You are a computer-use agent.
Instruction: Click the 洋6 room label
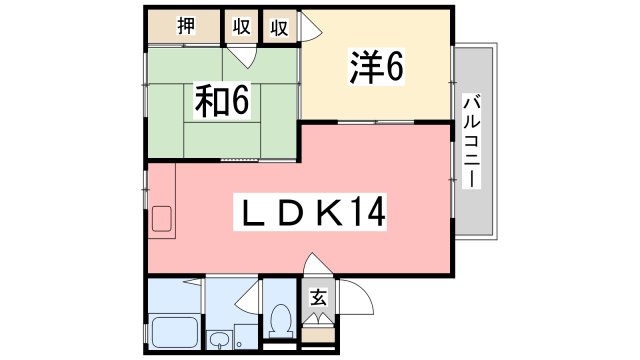click(376, 66)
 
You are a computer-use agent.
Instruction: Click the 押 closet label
click(186, 26)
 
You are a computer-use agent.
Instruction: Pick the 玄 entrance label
click(318, 297)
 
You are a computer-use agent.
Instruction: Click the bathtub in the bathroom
click(175, 332)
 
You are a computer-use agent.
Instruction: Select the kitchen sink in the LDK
click(162, 219)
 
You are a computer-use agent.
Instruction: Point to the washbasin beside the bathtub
click(220, 340)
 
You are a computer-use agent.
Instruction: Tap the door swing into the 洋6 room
click(312, 26)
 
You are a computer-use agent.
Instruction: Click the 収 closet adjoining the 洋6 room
click(279, 27)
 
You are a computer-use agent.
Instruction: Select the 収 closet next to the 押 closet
click(241, 27)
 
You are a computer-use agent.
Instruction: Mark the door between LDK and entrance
click(318, 263)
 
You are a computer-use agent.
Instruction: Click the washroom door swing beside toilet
click(248, 298)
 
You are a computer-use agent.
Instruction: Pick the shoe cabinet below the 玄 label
click(318, 336)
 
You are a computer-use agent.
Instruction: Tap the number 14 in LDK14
click(368, 211)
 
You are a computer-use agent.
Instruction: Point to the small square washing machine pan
click(245, 337)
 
